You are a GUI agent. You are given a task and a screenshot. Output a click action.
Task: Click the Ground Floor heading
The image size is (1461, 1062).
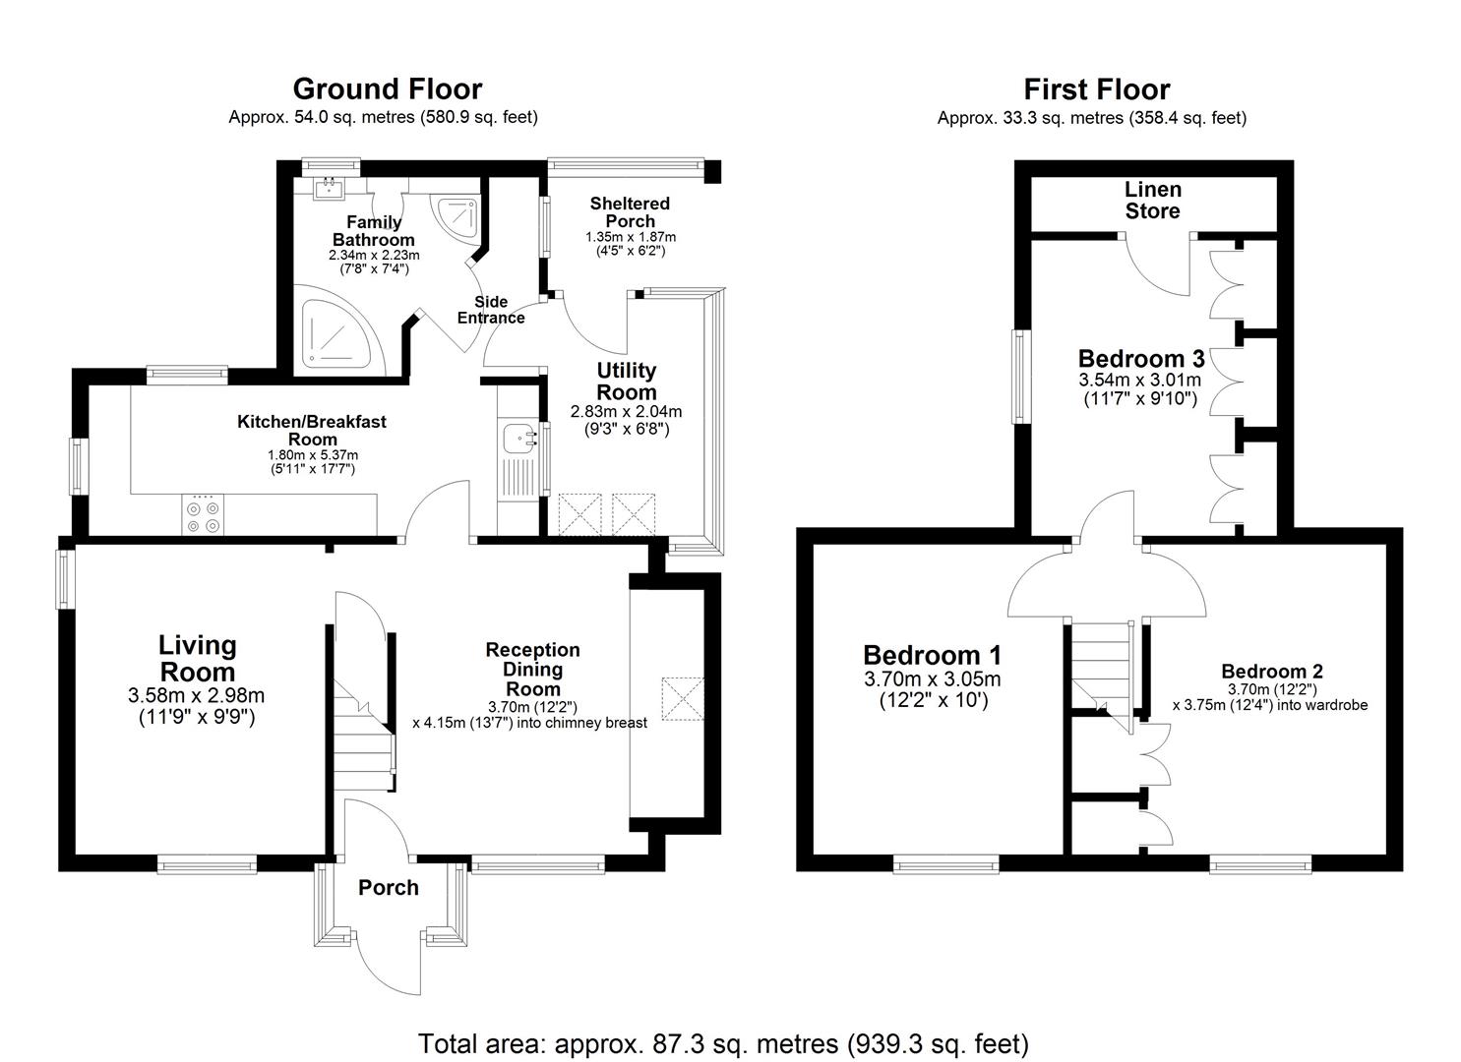click(x=387, y=89)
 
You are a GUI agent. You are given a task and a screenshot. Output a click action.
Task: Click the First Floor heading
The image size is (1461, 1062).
click(x=1096, y=89)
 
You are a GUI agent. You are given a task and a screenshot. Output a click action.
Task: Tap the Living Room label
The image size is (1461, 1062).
click(x=198, y=659)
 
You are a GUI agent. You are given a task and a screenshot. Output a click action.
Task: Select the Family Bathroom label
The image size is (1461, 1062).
click(x=373, y=231)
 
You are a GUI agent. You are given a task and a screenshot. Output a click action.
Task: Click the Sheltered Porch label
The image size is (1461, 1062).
click(x=630, y=212)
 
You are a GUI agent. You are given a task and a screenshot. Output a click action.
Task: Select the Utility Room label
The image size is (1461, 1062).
click(x=627, y=381)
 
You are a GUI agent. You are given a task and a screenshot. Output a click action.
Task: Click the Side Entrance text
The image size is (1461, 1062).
click(x=491, y=310)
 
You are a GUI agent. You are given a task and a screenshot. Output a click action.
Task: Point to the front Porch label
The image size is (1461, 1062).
click(x=389, y=888)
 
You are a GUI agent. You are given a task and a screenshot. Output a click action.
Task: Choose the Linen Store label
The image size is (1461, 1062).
click(x=1152, y=200)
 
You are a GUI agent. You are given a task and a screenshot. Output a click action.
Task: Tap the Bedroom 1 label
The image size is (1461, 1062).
click(x=932, y=655)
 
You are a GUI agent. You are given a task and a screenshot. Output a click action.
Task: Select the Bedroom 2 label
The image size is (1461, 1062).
click(x=1271, y=672)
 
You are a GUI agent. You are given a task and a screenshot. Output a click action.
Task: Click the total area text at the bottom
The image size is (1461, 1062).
click(x=723, y=1043)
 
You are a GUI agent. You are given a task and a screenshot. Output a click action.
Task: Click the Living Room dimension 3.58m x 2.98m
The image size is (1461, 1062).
click(x=196, y=696)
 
